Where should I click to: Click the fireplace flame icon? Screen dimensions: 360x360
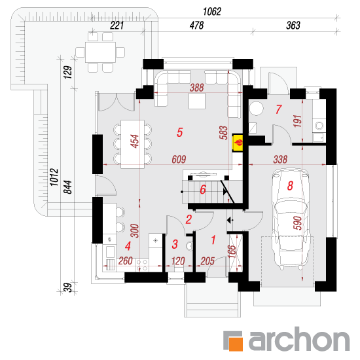click(x=238, y=143)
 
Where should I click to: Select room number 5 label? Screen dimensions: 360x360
click(x=180, y=132)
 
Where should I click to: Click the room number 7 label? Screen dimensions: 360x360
click(x=279, y=109)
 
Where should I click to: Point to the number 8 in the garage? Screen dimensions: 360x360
click(x=290, y=185)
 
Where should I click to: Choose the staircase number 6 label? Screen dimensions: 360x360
click(x=203, y=190)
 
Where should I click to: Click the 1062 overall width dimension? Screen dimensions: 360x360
click(x=212, y=12)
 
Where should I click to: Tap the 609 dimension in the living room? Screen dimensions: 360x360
click(x=179, y=159)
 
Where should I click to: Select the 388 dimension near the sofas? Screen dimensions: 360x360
click(x=197, y=88)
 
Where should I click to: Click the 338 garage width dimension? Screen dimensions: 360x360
click(x=280, y=159)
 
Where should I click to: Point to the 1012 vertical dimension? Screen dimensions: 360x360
click(x=54, y=177)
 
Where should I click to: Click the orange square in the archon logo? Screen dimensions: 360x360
click(x=236, y=344)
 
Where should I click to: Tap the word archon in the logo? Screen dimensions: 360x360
click(x=299, y=339)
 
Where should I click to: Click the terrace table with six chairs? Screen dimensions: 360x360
click(x=100, y=52)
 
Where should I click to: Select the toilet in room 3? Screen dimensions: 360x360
click(x=190, y=246)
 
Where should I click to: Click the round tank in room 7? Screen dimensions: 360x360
click(x=257, y=108)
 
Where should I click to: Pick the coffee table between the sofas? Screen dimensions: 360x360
click(x=197, y=101)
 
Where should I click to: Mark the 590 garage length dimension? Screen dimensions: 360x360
click(x=298, y=223)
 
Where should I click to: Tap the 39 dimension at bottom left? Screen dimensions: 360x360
click(x=67, y=287)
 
